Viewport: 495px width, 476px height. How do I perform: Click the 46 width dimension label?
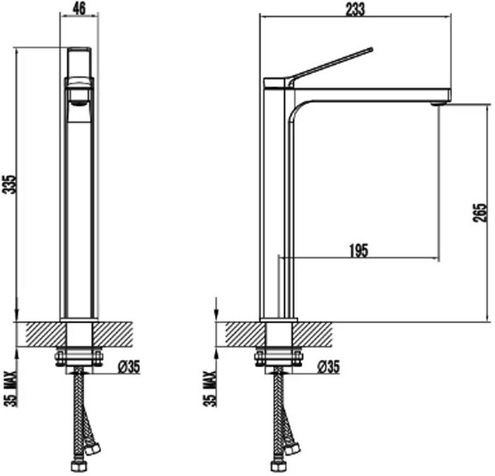click(79, 8)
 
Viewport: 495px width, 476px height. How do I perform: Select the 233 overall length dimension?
click(355, 8)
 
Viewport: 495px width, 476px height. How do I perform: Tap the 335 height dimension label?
click(10, 185)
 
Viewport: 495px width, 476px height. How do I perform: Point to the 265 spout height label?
click(480, 213)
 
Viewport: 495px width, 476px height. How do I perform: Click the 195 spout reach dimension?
click(359, 251)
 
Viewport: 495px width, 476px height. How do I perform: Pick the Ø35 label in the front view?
click(129, 367)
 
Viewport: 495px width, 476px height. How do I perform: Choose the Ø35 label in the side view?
click(329, 367)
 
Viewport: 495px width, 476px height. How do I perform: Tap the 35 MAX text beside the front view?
click(10, 389)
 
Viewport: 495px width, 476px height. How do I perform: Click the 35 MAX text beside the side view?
click(210, 389)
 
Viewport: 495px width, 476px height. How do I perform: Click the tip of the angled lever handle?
click(371, 49)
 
